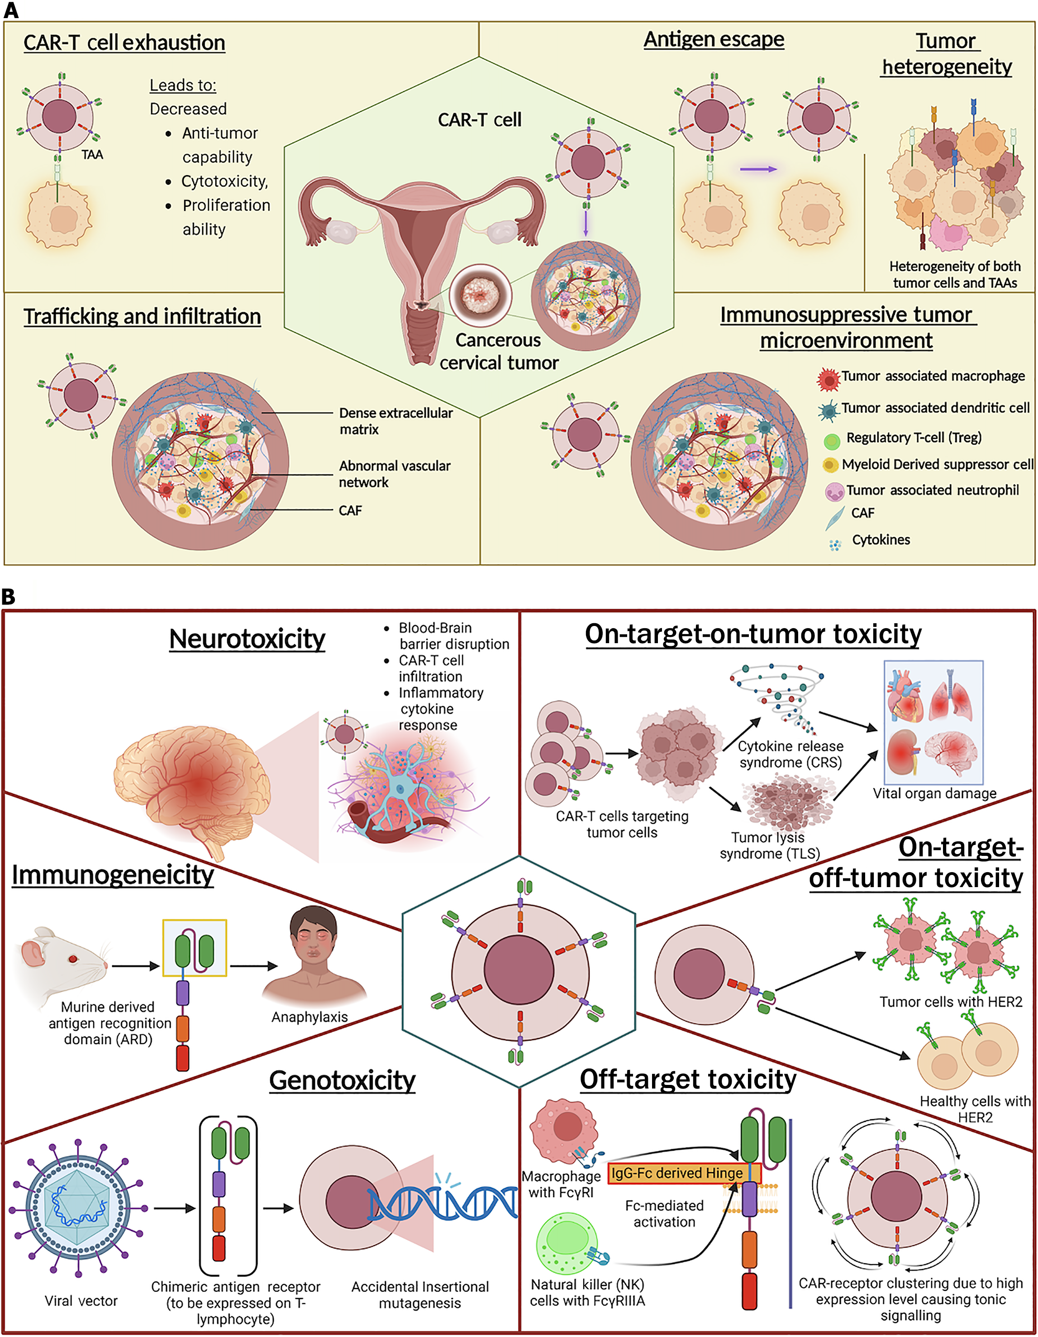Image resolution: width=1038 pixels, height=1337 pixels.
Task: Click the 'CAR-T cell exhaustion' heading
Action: [x=124, y=43]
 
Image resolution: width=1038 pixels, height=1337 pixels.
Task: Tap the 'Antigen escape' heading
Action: [x=714, y=39]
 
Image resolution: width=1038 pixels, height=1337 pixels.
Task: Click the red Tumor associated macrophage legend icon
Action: [x=828, y=379]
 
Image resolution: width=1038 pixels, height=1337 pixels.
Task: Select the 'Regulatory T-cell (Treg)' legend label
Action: [x=913, y=437]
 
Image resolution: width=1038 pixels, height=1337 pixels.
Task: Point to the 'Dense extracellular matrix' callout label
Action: [x=395, y=420]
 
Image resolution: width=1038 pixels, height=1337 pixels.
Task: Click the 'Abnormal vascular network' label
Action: [x=394, y=473]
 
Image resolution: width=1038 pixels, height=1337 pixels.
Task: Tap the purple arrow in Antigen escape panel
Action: [x=758, y=169]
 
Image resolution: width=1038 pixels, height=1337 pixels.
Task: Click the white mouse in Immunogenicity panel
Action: [x=61, y=964]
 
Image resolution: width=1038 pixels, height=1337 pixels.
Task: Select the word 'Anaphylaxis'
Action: [x=309, y=1017]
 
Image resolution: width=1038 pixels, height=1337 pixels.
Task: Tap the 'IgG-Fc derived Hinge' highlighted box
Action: [x=684, y=1173]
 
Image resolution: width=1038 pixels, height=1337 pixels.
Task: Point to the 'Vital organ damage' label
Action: [x=934, y=793]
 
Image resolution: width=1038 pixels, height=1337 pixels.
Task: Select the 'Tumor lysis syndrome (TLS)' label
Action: [x=769, y=845]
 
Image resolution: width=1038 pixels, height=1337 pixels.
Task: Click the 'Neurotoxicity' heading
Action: [x=247, y=639]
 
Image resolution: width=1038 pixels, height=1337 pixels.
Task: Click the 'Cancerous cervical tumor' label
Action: [x=498, y=351]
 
